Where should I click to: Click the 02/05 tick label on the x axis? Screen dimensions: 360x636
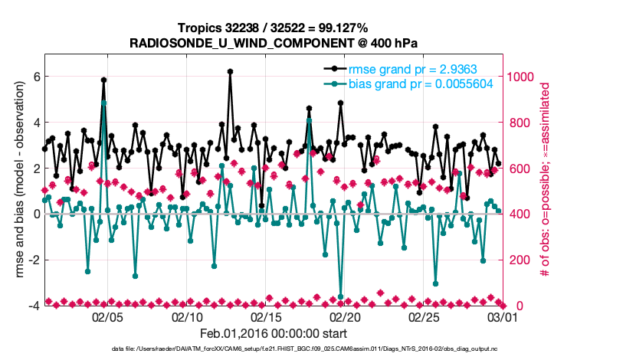(107, 316)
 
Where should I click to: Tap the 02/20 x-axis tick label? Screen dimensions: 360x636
(345, 316)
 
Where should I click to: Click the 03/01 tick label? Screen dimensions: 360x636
(503, 316)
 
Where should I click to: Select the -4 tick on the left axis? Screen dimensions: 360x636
(34, 306)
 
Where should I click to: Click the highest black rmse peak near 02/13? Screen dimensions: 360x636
(230, 72)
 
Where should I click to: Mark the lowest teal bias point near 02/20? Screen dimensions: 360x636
(340, 296)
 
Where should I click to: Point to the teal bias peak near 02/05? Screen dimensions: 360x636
(103, 103)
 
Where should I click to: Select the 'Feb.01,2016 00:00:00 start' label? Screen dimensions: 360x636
(274, 333)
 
